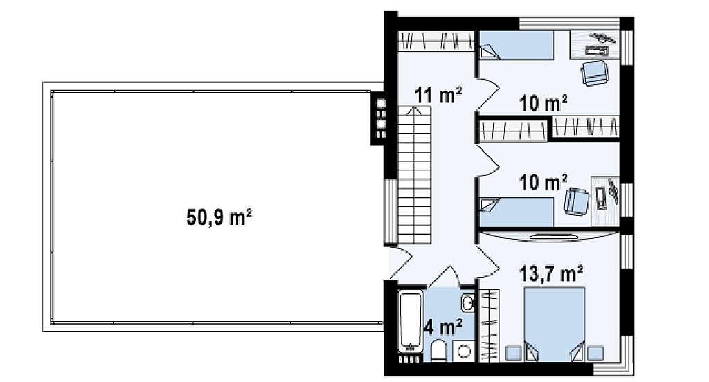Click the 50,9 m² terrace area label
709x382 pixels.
(x=219, y=217)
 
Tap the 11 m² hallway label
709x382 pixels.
(x=438, y=95)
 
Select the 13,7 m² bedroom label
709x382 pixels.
(x=550, y=273)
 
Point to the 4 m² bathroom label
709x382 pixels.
(x=443, y=327)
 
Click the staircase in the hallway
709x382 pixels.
(x=415, y=175)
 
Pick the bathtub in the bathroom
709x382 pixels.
(x=411, y=321)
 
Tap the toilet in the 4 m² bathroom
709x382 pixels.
(x=438, y=352)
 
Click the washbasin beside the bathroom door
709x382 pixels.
(x=467, y=302)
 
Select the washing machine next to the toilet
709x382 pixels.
(x=463, y=352)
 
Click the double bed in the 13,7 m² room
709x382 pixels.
(x=555, y=324)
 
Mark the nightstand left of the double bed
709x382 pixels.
(x=513, y=353)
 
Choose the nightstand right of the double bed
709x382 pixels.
(x=595, y=353)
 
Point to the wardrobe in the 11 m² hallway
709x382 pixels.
(x=436, y=41)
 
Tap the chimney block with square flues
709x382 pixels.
(x=379, y=118)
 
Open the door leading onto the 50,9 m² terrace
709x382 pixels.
(x=400, y=263)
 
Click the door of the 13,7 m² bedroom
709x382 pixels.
(x=487, y=263)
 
